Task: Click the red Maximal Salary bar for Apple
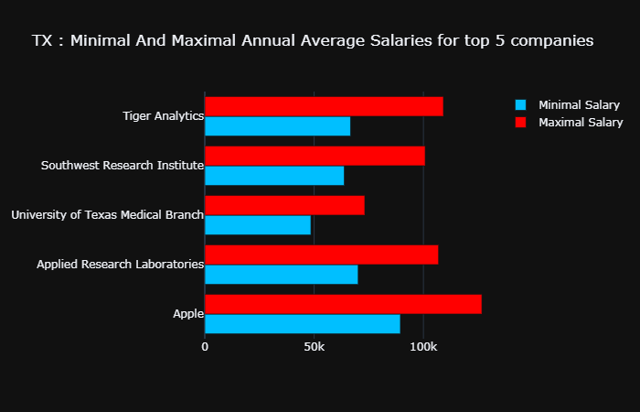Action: [x=343, y=304]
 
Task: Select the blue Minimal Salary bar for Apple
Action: [x=302, y=324]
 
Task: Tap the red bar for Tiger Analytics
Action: [x=324, y=106]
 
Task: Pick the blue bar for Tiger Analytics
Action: [x=277, y=126]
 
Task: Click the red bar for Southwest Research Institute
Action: [x=315, y=156]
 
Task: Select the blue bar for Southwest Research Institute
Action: [x=274, y=176]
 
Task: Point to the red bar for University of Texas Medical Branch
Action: [x=284, y=205]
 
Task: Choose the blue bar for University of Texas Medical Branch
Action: [x=258, y=225]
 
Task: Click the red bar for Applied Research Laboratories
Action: [x=321, y=255]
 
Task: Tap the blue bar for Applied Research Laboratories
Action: [x=281, y=275]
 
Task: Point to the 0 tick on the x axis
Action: [x=205, y=347]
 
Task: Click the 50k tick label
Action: [x=314, y=347]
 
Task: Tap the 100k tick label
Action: [x=423, y=347]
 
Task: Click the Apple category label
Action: [x=187, y=314]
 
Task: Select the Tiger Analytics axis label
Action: [x=163, y=116]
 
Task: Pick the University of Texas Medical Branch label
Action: [x=107, y=215]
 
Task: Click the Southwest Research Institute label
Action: [x=122, y=166]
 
